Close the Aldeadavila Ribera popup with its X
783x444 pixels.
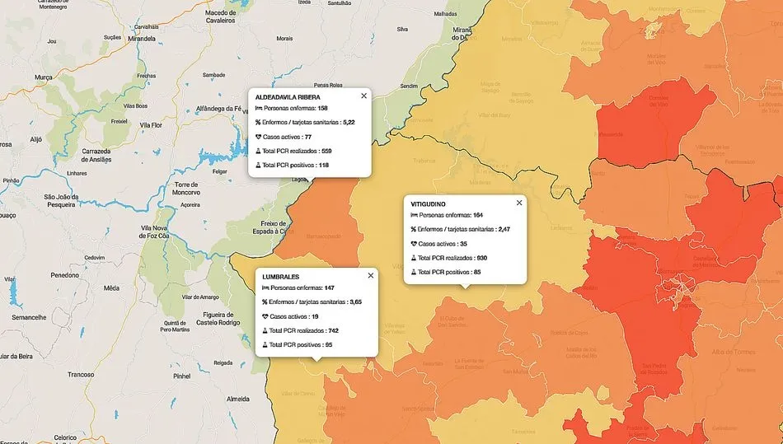point(363,96)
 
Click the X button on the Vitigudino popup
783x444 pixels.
point(519,203)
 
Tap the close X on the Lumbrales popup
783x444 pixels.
point(371,275)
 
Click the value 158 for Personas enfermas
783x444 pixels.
point(322,109)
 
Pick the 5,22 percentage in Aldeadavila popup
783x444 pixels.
point(349,122)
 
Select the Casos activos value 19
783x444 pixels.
point(315,316)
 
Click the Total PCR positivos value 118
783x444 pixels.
point(323,166)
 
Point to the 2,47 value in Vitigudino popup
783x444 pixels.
point(504,229)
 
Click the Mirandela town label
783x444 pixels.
point(142,39)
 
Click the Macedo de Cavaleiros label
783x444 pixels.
point(221,17)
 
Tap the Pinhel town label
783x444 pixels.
point(182,376)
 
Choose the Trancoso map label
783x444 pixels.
point(81,374)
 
